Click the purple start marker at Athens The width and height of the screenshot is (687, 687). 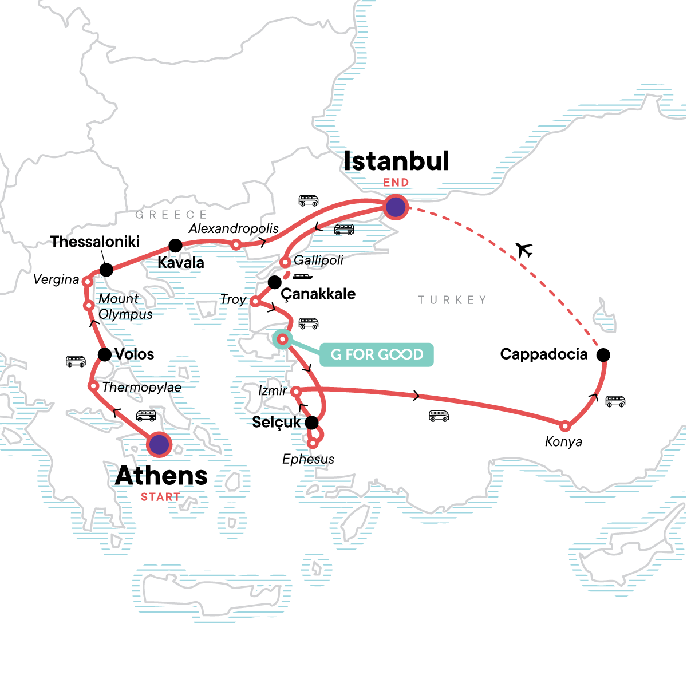click(x=159, y=444)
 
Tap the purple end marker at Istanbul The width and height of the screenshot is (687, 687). click(x=396, y=207)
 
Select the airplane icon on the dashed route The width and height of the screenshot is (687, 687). click(x=524, y=250)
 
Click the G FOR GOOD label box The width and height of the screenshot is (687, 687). click(x=377, y=354)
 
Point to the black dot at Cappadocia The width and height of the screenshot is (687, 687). click(x=603, y=355)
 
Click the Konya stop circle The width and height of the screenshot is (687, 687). click(x=565, y=426)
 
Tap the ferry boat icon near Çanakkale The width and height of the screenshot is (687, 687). click(x=303, y=277)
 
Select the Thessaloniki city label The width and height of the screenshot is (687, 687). click(x=95, y=242)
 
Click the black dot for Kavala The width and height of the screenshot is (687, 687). click(x=175, y=246)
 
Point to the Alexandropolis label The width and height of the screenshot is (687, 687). click(x=234, y=228)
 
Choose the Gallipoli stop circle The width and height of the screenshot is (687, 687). click(x=285, y=263)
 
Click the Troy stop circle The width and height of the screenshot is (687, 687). click(x=255, y=301)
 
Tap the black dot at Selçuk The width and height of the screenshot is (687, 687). click(x=311, y=423)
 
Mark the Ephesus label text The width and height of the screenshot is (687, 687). click(x=308, y=459)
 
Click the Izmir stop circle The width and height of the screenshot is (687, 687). click(x=295, y=392)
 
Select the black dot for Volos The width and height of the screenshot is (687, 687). click(x=105, y=354)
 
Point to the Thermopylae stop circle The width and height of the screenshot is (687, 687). click(x=93, y=386)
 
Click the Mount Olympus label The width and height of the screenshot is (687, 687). click(x=125, y=306)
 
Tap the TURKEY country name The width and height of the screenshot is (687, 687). click(x=452, y=300)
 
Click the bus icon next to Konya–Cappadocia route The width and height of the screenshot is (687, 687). click(x=615, y=401)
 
